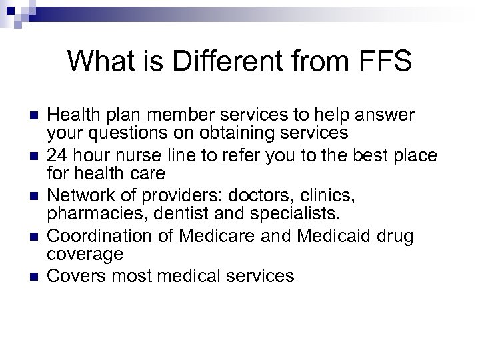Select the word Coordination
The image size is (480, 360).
point(93,235)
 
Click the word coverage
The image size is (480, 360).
point(85,255)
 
